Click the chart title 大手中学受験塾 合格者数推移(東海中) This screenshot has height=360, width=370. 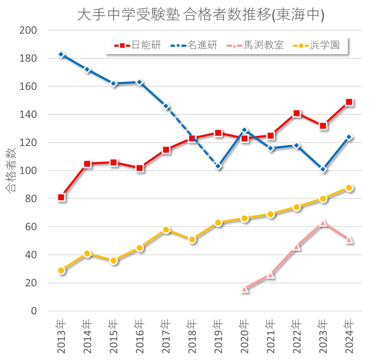tap(200, 15)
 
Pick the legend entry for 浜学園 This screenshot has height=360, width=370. tap(317, 45)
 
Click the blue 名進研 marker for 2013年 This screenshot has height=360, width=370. tap(61, 54)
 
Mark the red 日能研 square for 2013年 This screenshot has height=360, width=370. tap(61, 197)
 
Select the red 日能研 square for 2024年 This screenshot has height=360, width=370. tap(349, 102)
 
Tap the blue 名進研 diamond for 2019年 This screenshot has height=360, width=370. tap(218, 166)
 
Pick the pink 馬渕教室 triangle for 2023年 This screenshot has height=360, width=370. tap(323, 223)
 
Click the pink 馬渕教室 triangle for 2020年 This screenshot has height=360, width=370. tap(245, 289)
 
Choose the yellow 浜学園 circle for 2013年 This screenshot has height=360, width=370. tap(61, 270)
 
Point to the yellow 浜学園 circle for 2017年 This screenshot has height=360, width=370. tap(166, 230)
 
